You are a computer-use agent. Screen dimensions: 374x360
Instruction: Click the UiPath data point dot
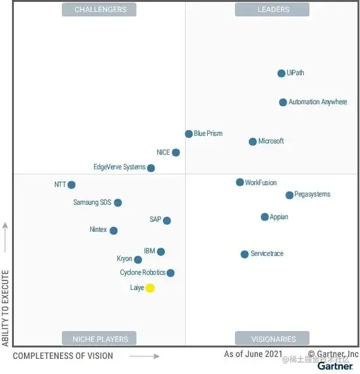click(281, 73)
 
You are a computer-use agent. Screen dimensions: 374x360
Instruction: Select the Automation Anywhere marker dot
click(283, 102)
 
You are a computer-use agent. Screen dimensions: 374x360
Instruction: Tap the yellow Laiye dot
click(150, 288)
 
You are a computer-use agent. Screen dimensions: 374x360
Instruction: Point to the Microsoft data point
click(253, 142)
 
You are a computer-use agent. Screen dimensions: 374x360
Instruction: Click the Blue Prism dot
click(189, 134)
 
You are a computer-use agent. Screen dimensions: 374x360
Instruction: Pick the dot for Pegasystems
click(289, 195)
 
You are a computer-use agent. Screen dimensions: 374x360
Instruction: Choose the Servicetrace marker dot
click(244, 255)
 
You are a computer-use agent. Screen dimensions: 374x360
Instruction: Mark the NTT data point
click(71, 185)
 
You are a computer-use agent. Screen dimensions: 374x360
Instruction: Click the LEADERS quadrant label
click(272, 9)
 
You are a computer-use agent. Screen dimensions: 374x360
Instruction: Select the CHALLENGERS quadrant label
click(100, 9)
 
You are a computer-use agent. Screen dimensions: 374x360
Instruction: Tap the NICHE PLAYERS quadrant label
click(99, 339)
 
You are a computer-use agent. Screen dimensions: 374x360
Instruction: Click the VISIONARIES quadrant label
click(272, 339)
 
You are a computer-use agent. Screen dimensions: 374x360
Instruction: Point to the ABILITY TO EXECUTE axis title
click(6, 308)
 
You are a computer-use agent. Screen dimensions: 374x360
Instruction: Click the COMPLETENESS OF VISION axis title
click(63, 356)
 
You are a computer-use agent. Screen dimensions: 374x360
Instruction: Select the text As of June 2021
click(253, 354)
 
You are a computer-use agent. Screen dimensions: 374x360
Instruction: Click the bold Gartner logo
click(335, 366)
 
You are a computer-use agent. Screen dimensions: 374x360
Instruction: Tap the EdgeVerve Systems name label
click(119, 167)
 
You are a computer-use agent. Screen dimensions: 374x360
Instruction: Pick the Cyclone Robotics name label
click(143, 273)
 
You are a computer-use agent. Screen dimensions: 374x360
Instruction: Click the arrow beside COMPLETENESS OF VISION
click(145, 356)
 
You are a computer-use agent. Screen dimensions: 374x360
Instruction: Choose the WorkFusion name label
click(261, 183)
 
